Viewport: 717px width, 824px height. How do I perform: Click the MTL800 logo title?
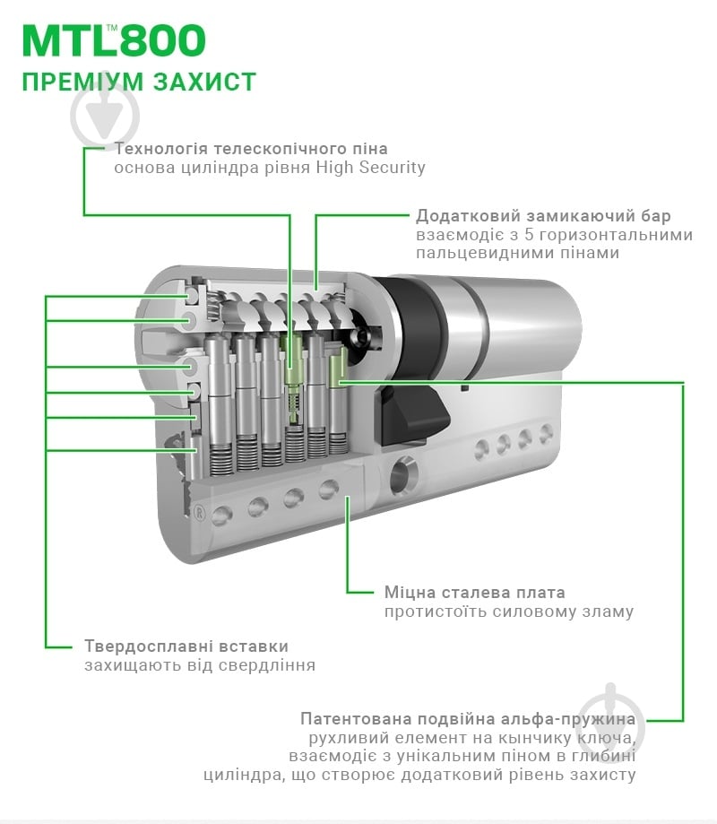tap(114, 40)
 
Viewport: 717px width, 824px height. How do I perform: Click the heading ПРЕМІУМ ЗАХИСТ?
tap(139, 82)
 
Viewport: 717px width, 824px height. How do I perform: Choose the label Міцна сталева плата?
tap(474, 593)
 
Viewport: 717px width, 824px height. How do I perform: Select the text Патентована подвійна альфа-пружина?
tap(468, 719)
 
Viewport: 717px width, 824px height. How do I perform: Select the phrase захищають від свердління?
tap(199, 665)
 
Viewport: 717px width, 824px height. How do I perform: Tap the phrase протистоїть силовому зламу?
tap(508, 611)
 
